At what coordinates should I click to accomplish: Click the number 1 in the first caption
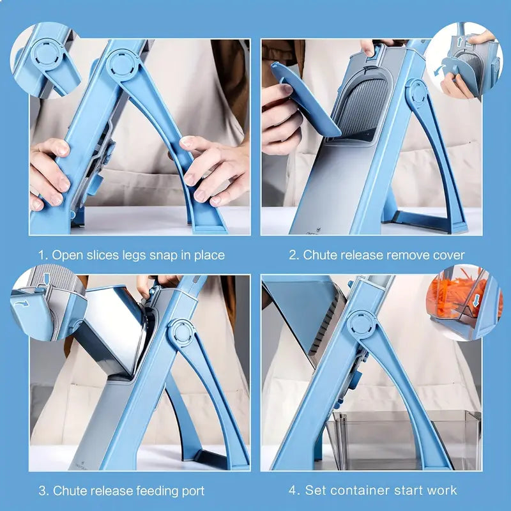tap(42, 255)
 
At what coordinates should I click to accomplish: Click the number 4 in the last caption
tap(292, 491)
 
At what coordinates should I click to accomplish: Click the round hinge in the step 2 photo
tap(418, 93)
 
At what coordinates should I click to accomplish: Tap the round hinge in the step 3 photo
tap(181, 333)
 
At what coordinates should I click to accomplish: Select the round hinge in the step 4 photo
tap(361, 324)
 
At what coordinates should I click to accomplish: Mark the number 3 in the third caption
tap(42, 491)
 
